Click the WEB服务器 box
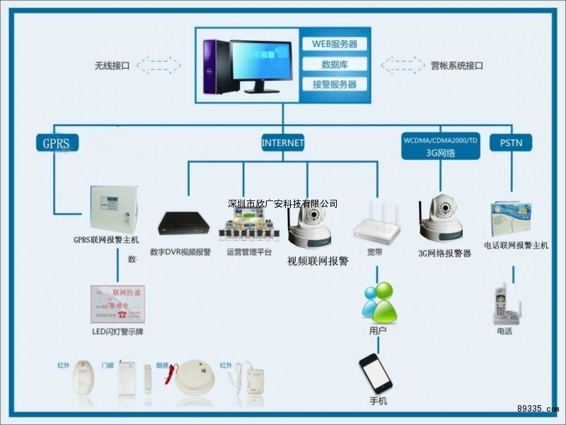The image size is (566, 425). (x=335, y=44)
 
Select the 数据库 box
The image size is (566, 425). (x=335, y=64)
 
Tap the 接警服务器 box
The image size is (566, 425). (x=335, y=84)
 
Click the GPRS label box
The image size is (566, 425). (x=57, y=143)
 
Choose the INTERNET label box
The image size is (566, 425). (x=282, y=142)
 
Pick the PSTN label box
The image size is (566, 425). (x=510, y=143)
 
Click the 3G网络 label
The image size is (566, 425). (x=440, y=152)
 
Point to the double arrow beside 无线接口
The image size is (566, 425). (x=158, y=65)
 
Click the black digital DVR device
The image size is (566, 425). (x=183, y=224)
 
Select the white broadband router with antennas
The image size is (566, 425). (x=376, y=223)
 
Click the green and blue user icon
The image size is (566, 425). (x=379, y=302)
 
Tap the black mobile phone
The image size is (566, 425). (x=375, y=373)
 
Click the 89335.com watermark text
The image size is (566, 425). (x=538, y=409)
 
